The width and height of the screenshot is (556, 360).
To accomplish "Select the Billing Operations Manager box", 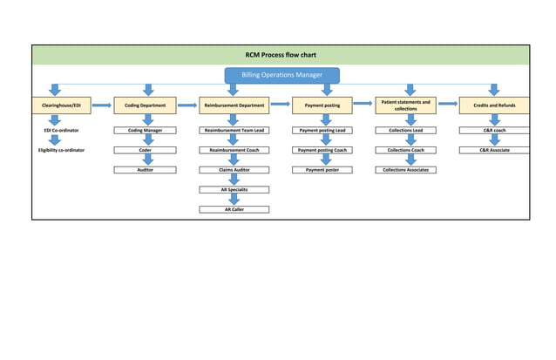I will (281, 75).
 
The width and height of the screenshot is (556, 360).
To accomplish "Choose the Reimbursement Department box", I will (234, 105).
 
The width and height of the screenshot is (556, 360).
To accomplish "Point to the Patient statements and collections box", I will (405, 105).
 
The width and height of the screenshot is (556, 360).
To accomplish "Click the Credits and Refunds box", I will (494, 105).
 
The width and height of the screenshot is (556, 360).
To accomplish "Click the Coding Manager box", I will (146, 130).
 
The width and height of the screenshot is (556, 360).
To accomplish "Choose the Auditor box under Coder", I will (146, 170).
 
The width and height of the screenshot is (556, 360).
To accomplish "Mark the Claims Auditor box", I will (234, 170).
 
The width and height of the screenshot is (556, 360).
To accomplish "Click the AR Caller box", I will (234, 209).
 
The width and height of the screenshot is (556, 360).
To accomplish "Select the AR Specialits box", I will (234, 189).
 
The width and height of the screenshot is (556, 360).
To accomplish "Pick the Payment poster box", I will (322, 170).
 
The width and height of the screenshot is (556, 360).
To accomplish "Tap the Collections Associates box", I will (405, 170).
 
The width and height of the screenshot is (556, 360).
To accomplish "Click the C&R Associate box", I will (494, 150).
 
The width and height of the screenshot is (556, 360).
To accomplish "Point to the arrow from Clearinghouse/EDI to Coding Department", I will (102, 105).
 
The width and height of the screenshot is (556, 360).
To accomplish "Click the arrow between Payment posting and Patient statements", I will (363, 104).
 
